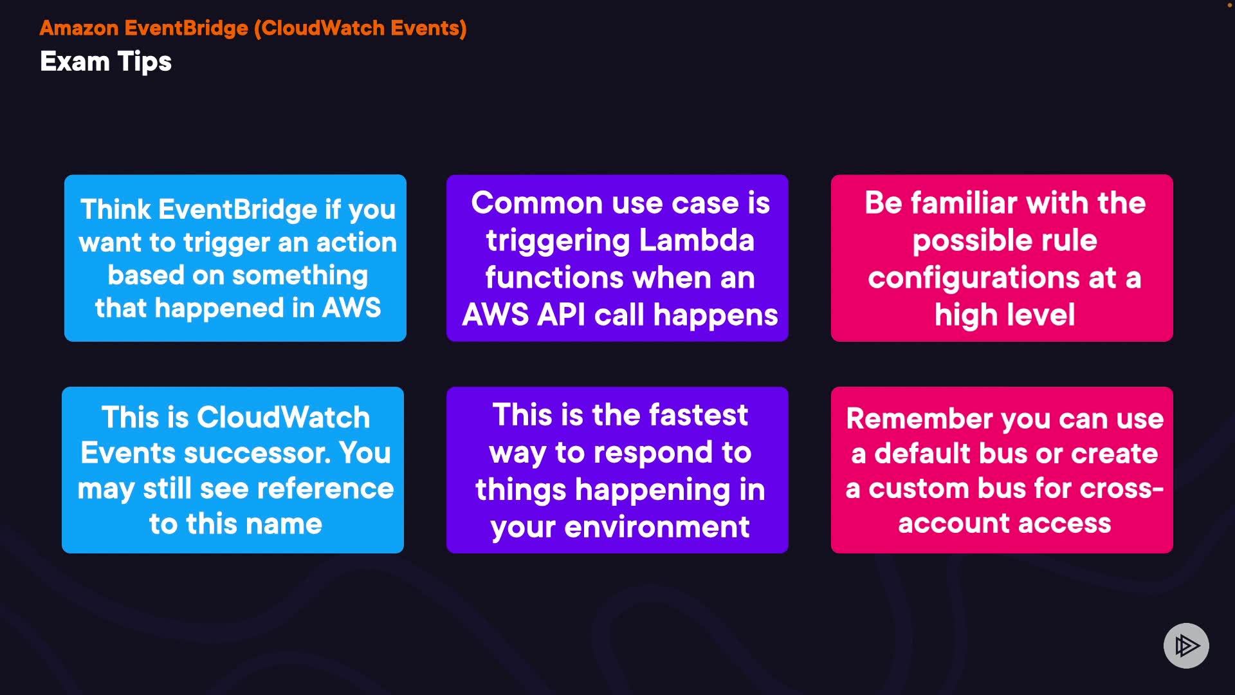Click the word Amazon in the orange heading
click(x=79, y=28)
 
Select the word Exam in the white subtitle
click(x=75, y=62)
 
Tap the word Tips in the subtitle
click(x=145, y=62)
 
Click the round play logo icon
click(x=1186, y=645)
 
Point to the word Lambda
click(x=697, y=240)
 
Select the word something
click(x=300, y=275)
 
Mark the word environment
click(x=657, y=527)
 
